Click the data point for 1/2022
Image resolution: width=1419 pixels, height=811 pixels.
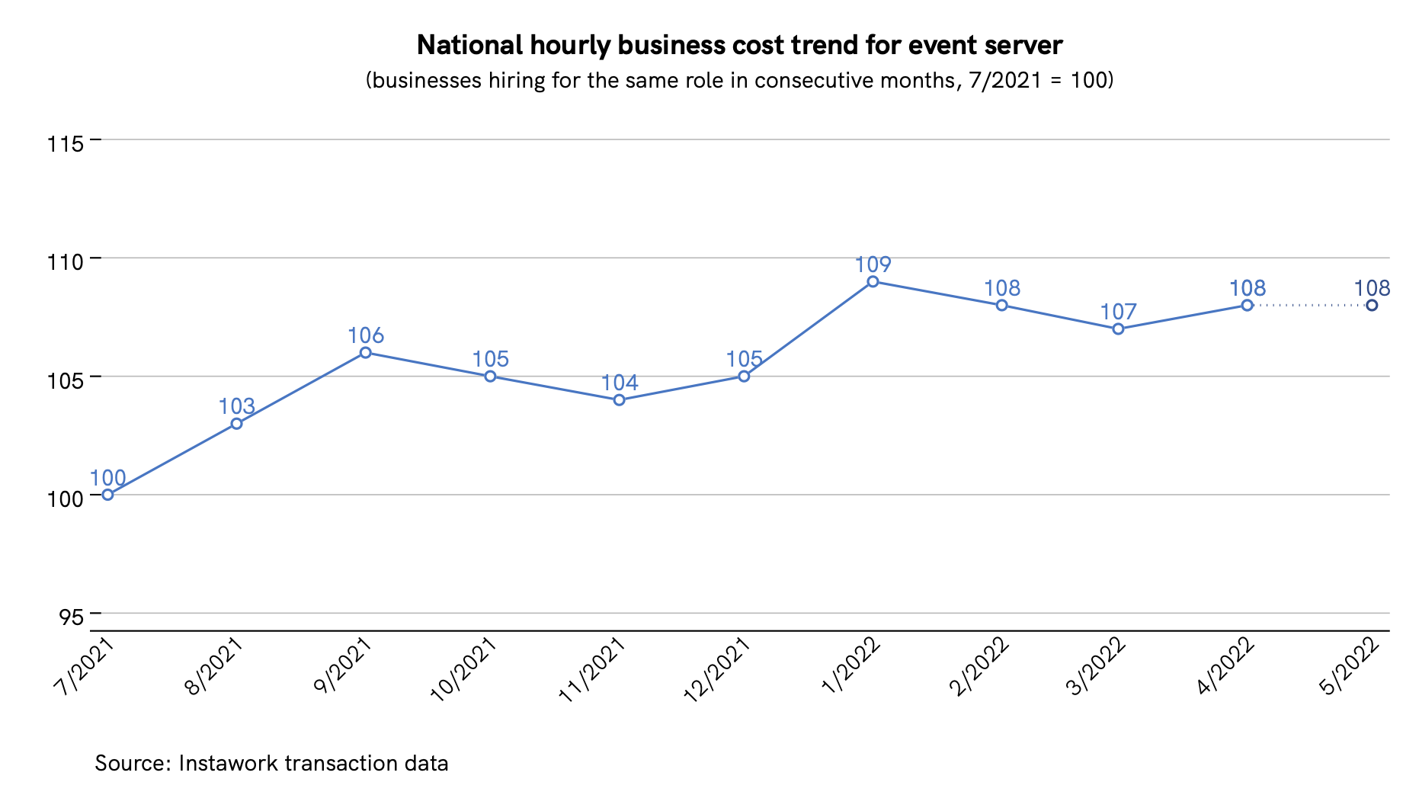[873, 282]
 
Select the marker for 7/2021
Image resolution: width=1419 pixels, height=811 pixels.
[107, 495]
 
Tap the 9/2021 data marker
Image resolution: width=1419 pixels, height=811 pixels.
[365, 353]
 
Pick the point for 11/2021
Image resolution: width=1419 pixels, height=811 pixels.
[619, 400]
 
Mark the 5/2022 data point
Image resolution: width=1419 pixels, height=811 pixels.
[1371, 306]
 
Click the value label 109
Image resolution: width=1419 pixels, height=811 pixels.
[873, 264]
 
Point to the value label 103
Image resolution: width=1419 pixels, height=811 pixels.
[236, 406]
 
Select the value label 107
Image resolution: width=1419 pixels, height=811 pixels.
[1118, 312]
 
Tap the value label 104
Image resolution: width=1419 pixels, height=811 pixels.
[619, 383]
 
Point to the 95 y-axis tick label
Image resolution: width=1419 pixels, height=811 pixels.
[71, 617]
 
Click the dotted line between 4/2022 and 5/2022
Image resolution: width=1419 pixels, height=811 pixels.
[1309, 306]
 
